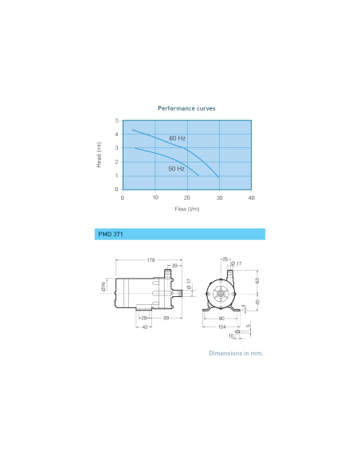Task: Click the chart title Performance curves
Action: pos(186,108)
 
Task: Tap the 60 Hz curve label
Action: pos(178,139)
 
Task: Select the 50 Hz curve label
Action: pos(177,169)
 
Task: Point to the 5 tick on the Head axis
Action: pos(117,120)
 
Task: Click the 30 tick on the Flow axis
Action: pos(220,197)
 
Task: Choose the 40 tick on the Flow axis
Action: pos(251,197)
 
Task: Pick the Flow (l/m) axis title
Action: pos(187,209)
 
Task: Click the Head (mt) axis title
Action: pos(99,154)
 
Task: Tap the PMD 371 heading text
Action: pos(111,234)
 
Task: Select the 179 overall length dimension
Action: pos(151,260)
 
